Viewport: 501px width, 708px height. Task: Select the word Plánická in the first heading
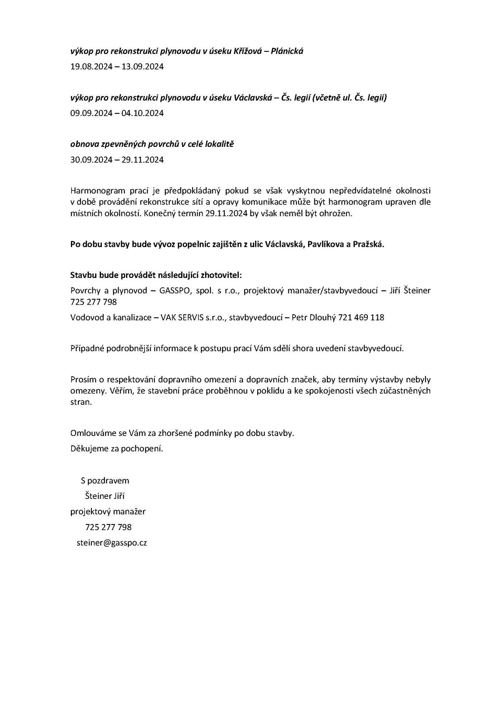tap(287, 51)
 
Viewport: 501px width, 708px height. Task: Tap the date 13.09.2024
tap(142, 67)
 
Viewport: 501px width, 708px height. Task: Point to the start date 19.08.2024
tap(91, 67)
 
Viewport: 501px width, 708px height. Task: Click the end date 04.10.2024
tap(142, 113)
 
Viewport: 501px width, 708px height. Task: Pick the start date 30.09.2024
tap(91, 160)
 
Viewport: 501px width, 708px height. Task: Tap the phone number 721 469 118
tap(361, 317)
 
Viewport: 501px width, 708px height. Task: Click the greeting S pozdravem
tap(105, 481)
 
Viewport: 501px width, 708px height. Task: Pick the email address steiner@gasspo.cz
tap(111, 543)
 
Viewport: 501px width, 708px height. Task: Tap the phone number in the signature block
tap(108, 527)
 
